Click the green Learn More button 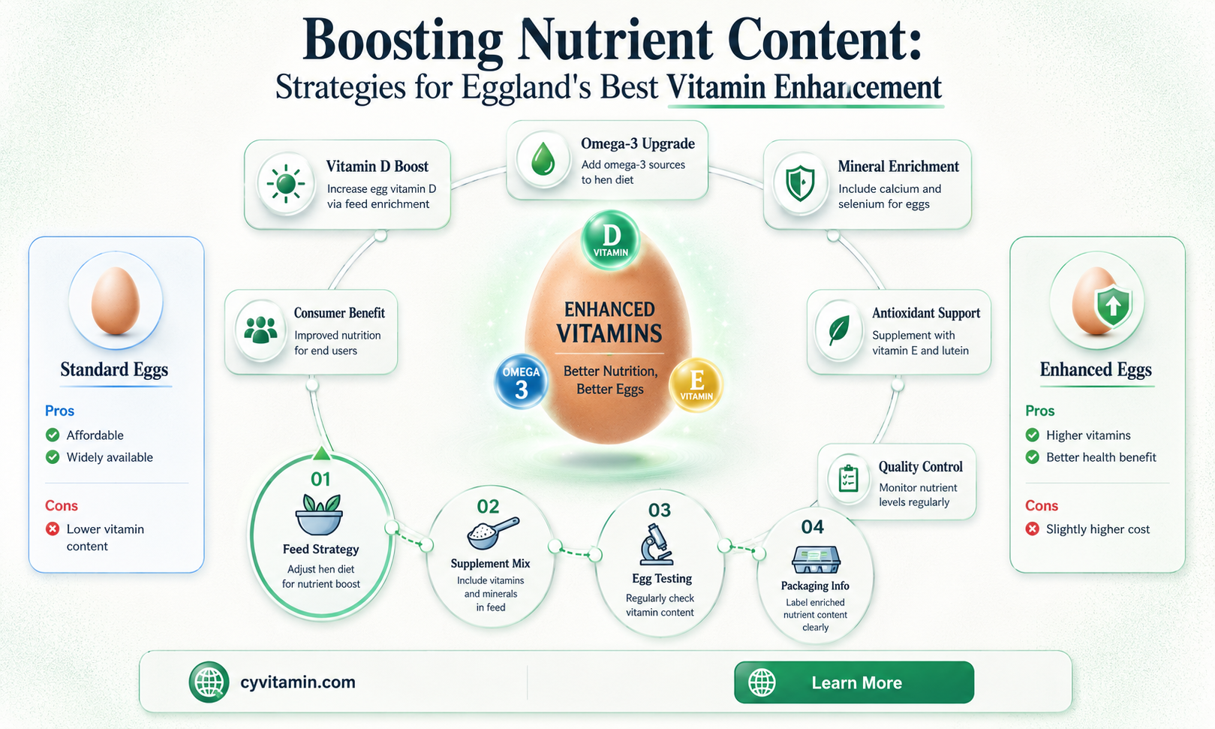(854, 682)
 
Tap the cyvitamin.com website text (298, 682)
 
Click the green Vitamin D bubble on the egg (611, 240)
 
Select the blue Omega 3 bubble (522, 381)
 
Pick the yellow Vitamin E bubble (696, 385)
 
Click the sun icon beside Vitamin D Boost (286, 184)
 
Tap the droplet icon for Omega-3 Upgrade (543, 158)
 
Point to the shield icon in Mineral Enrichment (801, 183)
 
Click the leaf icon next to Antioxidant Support (838, 330)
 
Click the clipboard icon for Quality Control (848, 479)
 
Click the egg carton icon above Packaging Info (816, 559)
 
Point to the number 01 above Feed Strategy (320, 479)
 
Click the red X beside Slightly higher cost (1032, 529)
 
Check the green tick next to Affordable (53, 435)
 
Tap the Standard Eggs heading (114, 369)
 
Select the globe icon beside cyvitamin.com (209, 682)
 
